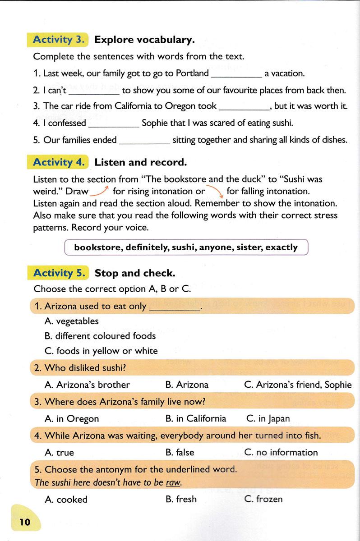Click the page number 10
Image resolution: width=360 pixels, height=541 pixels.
25,522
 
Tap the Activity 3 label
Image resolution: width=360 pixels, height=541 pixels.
59,40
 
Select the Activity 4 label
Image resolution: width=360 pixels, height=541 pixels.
59,162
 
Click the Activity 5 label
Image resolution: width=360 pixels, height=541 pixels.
59,273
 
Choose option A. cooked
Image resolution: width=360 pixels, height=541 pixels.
66,499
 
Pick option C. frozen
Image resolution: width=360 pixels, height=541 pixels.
263,499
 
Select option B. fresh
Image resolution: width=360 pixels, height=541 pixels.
181,499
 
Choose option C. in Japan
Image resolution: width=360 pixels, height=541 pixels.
268,419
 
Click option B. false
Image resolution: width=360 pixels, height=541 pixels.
180,452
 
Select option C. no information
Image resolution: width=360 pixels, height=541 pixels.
281,452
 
